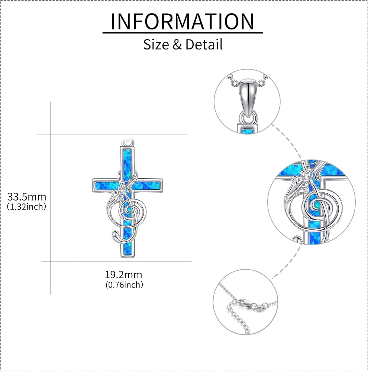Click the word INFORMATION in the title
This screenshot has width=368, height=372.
(183, 21)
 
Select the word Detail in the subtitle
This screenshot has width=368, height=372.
(204, 44)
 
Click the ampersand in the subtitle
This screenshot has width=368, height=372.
(177, 45)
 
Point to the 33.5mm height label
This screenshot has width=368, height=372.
(27, 197)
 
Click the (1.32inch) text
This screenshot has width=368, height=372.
(26, 206)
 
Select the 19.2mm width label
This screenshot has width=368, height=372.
(123, 275)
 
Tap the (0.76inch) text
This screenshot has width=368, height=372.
(125, 285)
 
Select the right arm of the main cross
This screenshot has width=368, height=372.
(149, 185)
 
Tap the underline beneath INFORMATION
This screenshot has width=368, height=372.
(183, 32)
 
